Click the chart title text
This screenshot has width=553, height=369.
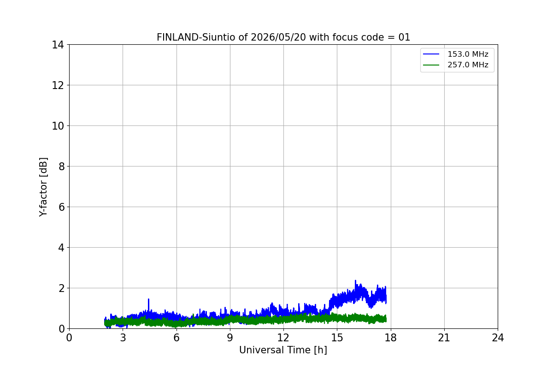click(283, 37)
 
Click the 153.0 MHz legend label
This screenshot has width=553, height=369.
click(468, 54)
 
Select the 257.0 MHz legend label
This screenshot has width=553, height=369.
click(468, 65)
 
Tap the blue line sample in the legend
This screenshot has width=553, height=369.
click(431, 54)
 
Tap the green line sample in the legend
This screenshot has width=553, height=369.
click(431, 65)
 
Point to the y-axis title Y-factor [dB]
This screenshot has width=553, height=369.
click(43, 187)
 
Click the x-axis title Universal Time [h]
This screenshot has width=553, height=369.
click(283, 350)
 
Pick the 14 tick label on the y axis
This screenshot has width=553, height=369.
click(58, 45)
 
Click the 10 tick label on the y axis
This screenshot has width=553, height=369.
click(58, 126)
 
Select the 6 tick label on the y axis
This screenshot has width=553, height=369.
click(61, 207)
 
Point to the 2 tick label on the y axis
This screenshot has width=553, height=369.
click(61, 288)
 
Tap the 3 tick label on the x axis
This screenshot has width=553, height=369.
click(123, 338)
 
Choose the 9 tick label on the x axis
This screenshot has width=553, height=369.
click(230, 338)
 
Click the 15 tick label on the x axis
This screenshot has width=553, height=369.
click(337, 338)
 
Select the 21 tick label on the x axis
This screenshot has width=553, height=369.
click(444, 338)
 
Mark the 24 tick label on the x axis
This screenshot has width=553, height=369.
click(498, 338)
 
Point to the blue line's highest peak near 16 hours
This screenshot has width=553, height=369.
click(355, 281)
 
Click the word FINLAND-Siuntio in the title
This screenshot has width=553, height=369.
click(196, 37)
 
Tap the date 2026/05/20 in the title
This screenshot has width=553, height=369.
click(278, 37)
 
